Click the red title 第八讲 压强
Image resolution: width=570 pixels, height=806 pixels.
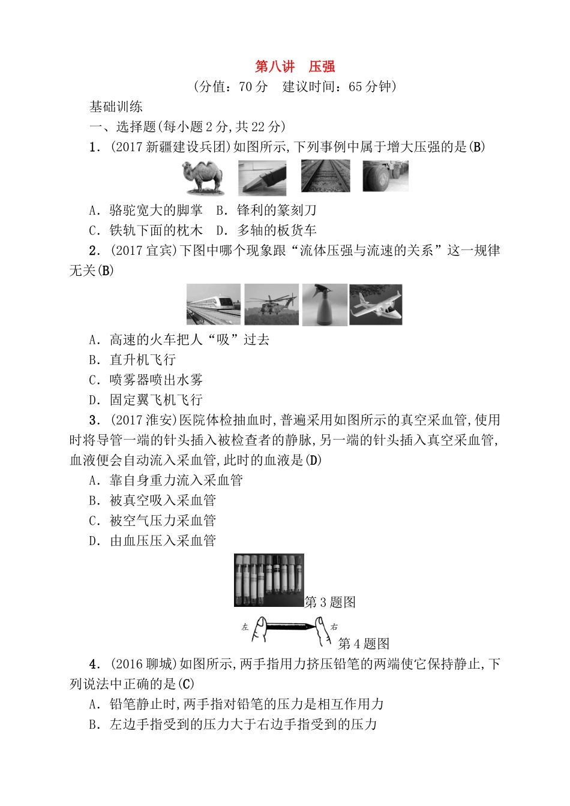click(x=295, y=67)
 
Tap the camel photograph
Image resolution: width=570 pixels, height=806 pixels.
click(x=202, y=178)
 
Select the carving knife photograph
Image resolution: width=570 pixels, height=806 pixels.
click(x=262, y=178)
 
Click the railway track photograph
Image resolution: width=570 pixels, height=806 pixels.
click(x=325, y=176)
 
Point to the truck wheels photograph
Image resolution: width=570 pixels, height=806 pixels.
click(x=385, y=176)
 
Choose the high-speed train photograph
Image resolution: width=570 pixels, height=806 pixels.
click(x=213, y=304)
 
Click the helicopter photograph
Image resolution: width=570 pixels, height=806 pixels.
click(x=271, y=304)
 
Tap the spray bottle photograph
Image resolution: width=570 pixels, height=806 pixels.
click(x=325, y=305)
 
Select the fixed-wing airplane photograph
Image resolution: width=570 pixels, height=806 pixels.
click(x=376, y=305)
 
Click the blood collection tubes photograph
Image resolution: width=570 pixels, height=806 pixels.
click(x=269, y=580)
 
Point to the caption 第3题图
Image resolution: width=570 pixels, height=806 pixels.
click(x=331, y=602)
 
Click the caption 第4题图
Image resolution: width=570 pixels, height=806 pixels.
click(x=364, y=643)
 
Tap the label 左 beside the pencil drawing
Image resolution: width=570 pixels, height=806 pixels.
click(x=245, y=627)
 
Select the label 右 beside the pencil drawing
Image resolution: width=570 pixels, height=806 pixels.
click(x=334, y=627)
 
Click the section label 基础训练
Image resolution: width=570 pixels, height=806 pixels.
click(x=116, y=107)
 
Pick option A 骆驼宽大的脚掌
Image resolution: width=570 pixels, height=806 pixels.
click(x=146, y=210)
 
